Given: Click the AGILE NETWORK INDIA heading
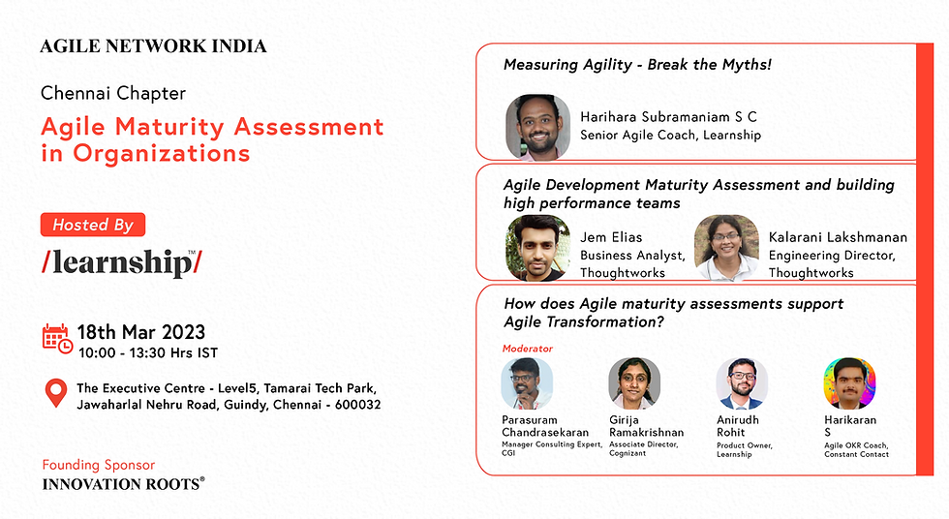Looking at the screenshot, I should pyautogui.click(x=154, y=46).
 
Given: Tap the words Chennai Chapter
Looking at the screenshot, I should pyautogui.click(x=113, y=94).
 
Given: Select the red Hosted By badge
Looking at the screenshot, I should pyautogui.click(x=93, y=225).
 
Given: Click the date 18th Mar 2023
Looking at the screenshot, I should pyautogui.click(x=141, y=332).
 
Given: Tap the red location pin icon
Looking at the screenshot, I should pyautogui.click(x=57, y=393).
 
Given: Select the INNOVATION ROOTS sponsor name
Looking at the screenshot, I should pyautogui.click(x=123, y=483).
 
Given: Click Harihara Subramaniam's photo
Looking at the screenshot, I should pyautogui.click(x=537, y=127).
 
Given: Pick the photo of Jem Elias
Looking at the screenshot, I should pyautogui.click(x=537, y=248).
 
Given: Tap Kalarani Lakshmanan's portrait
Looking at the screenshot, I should pyautogui.click(x=726, y=248).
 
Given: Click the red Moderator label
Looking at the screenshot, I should pyautogui.click(x=528, y=348).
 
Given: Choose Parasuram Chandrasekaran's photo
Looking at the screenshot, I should pyautogui.click(x=528, y=383).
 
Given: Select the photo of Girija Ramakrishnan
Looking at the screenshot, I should pyautogui.click(x=634, y=383).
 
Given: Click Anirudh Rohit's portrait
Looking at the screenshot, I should pyautogui.click(x=742, y=383).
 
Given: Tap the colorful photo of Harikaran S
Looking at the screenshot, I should pyautogui.click(x=848, y=383).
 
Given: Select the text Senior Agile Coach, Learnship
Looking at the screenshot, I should pyautogui.click(x=670, y=136).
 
